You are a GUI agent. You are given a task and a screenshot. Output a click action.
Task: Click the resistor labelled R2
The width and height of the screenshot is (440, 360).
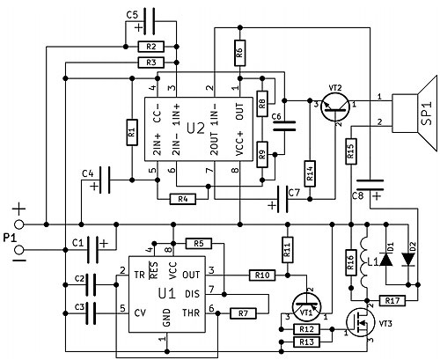[x=151, y=47]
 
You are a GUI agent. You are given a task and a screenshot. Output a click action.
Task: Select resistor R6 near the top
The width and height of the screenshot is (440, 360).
[x=240, y=53]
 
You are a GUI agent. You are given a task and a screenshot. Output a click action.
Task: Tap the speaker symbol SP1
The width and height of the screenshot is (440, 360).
[x=414, y=114]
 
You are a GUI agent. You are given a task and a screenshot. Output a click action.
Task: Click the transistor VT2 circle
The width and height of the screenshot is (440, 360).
[x=335, y=107]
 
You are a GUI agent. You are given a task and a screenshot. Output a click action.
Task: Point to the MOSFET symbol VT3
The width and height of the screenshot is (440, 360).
[x=360, y=323]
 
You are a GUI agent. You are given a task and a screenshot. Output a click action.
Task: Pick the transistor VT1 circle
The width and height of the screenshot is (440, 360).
[x=307, y=307]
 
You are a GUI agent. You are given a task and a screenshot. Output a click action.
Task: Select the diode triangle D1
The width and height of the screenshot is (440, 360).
[x=386, y=260]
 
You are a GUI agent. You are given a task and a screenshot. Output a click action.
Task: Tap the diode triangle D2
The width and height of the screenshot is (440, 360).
[x=408, y=260]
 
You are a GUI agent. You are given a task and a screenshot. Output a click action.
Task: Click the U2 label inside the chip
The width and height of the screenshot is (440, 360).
[x=195, y=129]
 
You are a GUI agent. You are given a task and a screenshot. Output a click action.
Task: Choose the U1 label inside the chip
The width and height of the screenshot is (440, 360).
[x=167, y=294]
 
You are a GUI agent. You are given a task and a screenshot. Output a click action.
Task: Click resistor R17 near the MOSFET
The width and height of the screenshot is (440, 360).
[x=392, y=301]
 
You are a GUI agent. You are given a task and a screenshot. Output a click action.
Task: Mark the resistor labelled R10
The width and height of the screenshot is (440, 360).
[x=262, y=276]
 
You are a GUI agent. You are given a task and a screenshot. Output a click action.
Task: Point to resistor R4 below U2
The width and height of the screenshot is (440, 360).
[x=183, y=200]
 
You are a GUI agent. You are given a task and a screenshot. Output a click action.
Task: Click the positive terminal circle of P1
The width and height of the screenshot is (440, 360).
[x=19, y=224]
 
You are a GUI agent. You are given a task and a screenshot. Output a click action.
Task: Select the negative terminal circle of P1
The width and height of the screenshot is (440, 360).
[x=19, y=250]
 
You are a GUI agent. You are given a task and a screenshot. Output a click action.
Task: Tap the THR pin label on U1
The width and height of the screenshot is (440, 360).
[x=191, y=313]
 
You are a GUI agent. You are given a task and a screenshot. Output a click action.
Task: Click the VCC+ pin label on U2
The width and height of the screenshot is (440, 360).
[x=240, y=143]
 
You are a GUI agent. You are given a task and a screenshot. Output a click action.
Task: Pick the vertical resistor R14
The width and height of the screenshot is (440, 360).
[x=310, y=173]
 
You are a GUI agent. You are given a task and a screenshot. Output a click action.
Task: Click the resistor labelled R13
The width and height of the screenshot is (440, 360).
[x=306, y=342]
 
